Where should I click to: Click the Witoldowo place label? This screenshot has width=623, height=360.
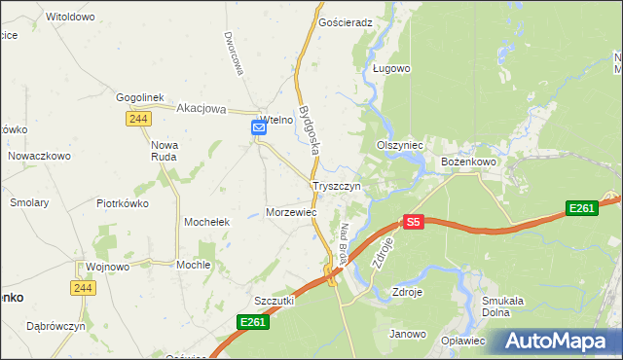tap(70, 18)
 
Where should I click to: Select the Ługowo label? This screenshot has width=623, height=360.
tap(391, 69)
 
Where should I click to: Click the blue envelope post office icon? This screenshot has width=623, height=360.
tap(259, 127)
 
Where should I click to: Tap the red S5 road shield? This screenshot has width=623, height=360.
tap(414, 222)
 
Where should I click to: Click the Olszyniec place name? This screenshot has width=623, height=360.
tap(399, 145)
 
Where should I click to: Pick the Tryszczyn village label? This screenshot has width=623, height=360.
tap(337, 185)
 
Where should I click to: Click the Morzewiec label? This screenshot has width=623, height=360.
tap(291, 211)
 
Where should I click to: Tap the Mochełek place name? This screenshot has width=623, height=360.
tap(206, 222)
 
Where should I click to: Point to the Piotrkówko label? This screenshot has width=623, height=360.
tap(122, 203)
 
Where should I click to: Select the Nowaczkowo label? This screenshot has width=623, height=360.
tap(40, 156)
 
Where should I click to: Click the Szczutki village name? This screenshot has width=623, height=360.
tap(274, 301)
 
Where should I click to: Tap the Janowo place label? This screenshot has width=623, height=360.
tap(408, 335)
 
